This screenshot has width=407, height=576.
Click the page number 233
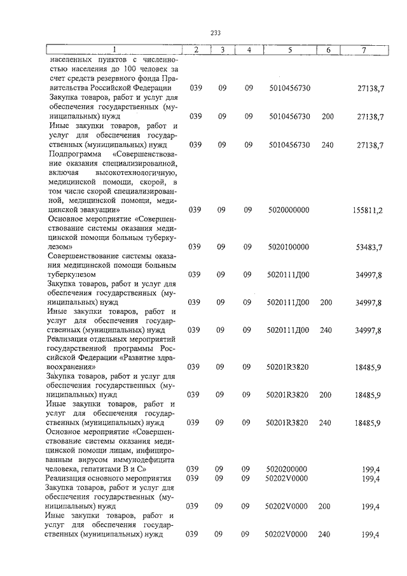[x=215, y=33]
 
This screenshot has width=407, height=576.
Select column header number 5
[x=289, y=50]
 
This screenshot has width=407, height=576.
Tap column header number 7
[x=363, y=50]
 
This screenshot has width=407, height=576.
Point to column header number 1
[x=114, y=50]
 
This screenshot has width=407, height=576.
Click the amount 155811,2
[x=368, y=209]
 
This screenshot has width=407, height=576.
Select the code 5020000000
[x=289, y=209]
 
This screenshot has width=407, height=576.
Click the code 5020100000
[x=289, y=246]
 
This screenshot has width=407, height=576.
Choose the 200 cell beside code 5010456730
[x=328, y=116]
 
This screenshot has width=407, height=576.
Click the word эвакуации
[x=97, y=209]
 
